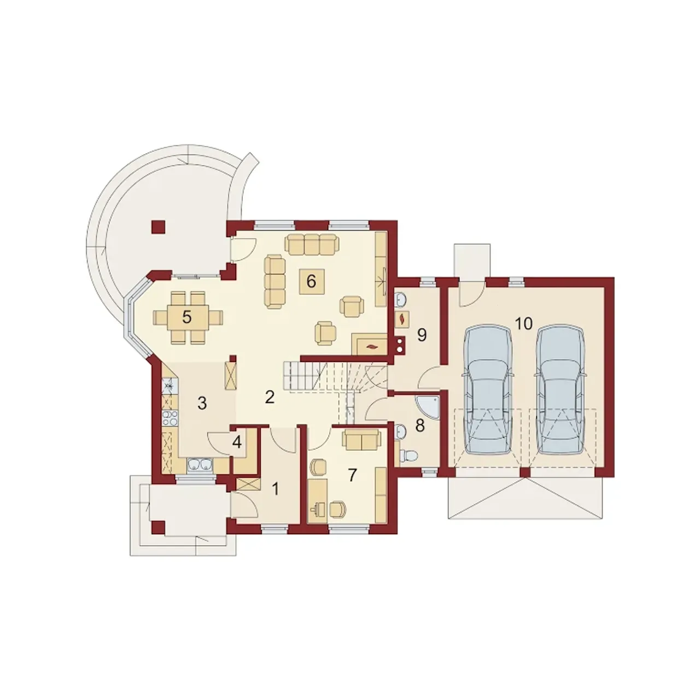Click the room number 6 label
[311, 281]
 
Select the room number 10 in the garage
[523, 323]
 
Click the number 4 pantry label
[237, 442]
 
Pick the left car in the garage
[487, 389]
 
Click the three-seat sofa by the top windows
[311, 244]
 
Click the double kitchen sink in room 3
[200, 465]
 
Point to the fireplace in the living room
[369, 344]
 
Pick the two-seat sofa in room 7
[361, 440]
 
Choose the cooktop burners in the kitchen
[168, 418]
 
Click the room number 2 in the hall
[269, 398]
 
